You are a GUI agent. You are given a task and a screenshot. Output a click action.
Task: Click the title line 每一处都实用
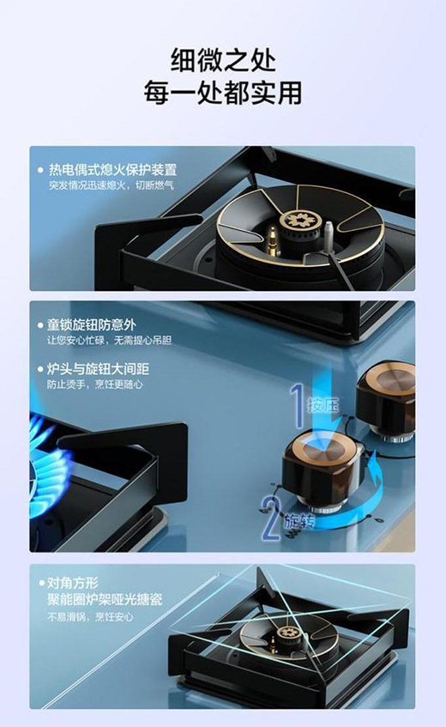[x=222, y=93]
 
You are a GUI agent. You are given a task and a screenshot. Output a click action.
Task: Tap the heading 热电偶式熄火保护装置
[x=112, y=170]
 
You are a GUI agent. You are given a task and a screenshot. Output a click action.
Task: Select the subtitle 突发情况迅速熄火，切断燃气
[x=111, y=185]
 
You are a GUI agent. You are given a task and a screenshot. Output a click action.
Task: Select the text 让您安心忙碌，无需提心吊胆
[x=111, y=341]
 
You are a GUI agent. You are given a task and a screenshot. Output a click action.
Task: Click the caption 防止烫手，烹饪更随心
[x=95, y=385]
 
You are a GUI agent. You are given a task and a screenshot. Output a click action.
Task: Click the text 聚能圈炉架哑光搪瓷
[x=105, y=599]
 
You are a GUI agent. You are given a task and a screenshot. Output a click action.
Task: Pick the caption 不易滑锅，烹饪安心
[x=91, y=616]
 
